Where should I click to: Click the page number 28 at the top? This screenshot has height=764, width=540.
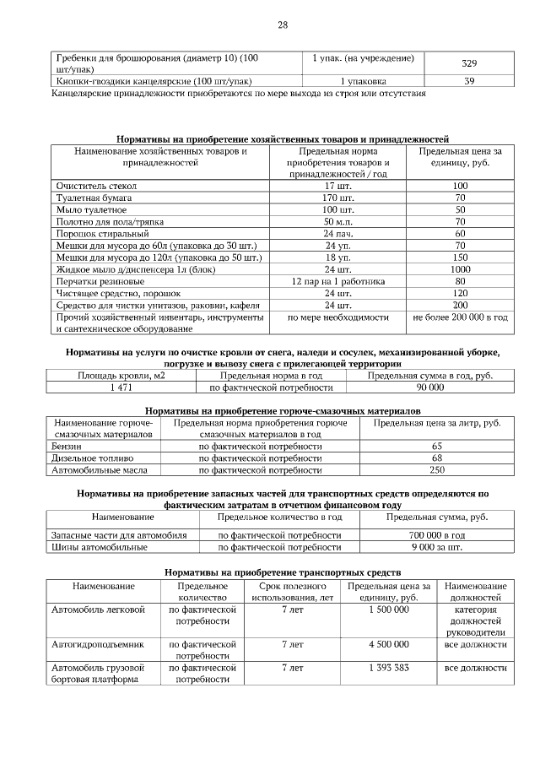pyautogui.click(x=283, y=24)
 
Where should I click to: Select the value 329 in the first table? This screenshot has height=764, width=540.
pyautogui.click(x=469, y=63)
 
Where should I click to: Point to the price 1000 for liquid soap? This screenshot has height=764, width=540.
pyautogui.click(x=461, y=268)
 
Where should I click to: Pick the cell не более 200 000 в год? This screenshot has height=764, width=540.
pyautogui.click(x=461, y=317)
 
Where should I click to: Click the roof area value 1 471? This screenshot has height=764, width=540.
pyautogui.click(x=122, y=387)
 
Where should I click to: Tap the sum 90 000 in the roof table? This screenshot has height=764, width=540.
pyautogui.click(x=429, y=387)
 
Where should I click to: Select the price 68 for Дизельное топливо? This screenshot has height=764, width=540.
pyautogui.click(x=437, y=458)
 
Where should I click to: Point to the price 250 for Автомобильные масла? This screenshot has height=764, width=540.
pyautogui.click(x=437, y=469)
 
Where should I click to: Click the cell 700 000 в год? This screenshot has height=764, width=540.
pyautogui.click(x=437, y=535)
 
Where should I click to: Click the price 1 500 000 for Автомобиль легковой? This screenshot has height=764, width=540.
pyautogui.click(x=389, y=609)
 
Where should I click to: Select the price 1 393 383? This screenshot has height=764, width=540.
pyautogui.click(x=389, y=667)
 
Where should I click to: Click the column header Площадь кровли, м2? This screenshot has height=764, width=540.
pyautogui.click(x=122, y=375)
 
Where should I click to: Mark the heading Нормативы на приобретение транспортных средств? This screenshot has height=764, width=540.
pyautogui.click(x=283, y=572)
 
